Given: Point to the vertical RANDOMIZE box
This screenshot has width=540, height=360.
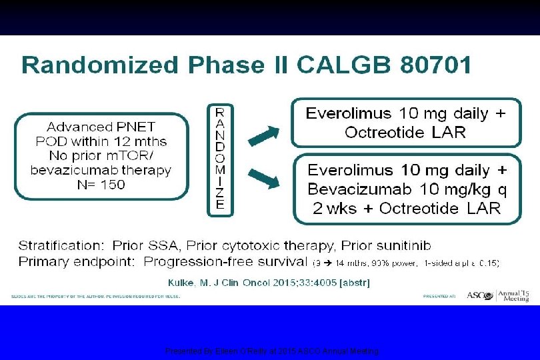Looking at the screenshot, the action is (x=220, y=159).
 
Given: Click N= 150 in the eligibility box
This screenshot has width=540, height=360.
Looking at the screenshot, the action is (x=100, y=185).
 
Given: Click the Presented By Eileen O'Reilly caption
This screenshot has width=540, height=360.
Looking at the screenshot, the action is (x=272, y=351).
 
